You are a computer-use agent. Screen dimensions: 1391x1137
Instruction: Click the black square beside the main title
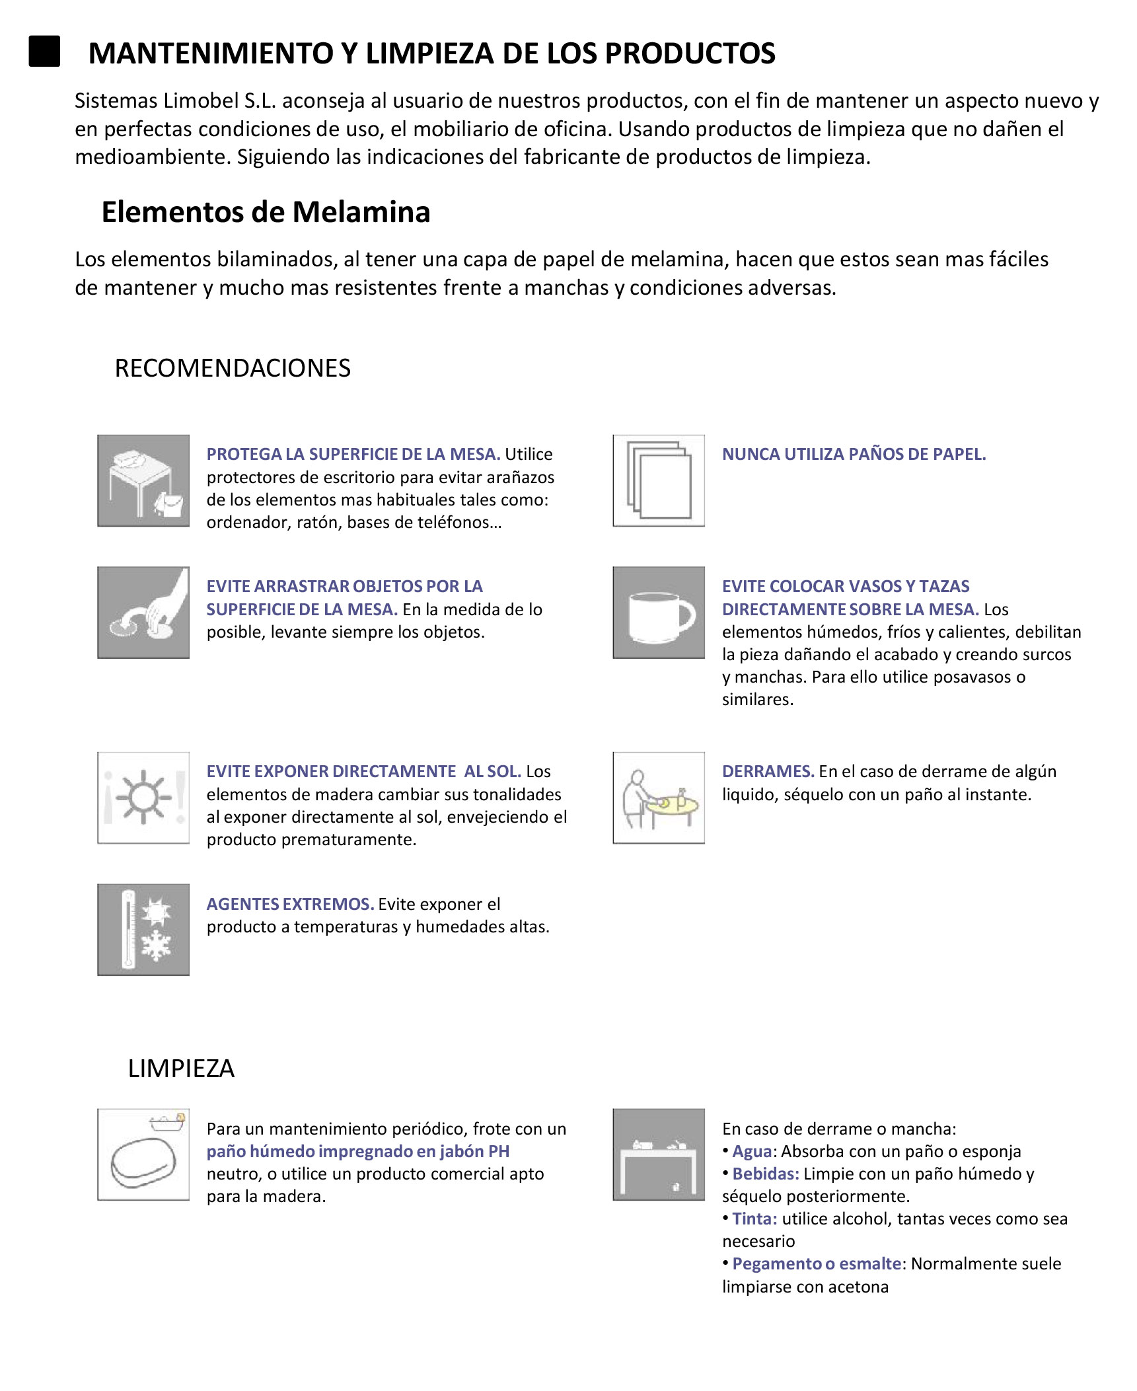pyautogui.click(x=44, y=52)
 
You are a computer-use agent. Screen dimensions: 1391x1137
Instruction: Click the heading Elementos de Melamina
pyautogui.click(x=266, y=212)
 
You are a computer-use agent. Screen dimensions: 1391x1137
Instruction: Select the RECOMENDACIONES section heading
pyautogui.click(x=233, y=368)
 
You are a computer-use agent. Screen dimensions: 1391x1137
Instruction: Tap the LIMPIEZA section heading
pyautogui.click(x=181, y=1069)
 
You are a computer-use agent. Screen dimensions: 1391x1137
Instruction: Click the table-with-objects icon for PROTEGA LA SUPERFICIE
pyautogui.click(x=143, y=480)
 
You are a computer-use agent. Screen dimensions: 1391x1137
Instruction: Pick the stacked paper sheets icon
pyautogui.click(x=659, y=480)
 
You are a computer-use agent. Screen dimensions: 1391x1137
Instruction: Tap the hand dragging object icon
pyautogui.click(x=143, y=612)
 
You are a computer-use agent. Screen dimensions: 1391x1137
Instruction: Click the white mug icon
pyautogui.click(x=659, y=612)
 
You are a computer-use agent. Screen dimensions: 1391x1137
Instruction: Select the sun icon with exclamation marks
pyautogui.click(x=143, y=798)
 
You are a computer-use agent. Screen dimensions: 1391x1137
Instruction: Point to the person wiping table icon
pyautogui.click(x=659, y=798)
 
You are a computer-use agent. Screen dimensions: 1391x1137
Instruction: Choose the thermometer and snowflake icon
pyautogui.click(x=143, y=930)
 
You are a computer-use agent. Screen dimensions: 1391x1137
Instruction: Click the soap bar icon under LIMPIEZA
pyautogui.click(x=143, y=1154)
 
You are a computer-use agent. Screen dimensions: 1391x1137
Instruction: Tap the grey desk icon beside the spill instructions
pyautogui.click(x=659, y=1154)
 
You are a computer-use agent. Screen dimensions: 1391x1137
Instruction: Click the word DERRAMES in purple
pyautogui.click(x=767, y=771)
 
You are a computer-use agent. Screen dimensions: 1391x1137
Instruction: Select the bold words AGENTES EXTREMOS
pyautogui.click(x=290, y=904)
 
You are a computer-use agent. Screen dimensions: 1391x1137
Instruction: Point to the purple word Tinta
pyautogui.click(x=754, y=1219)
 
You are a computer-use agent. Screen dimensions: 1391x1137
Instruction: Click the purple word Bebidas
pyautogui.click(x=765, y=1174)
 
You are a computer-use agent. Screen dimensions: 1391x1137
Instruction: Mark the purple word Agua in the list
pyautogui.click(x=752, y=1151)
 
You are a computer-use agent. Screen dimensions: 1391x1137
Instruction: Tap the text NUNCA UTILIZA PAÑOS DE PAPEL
pyautogui.click(x=854, y=454)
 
